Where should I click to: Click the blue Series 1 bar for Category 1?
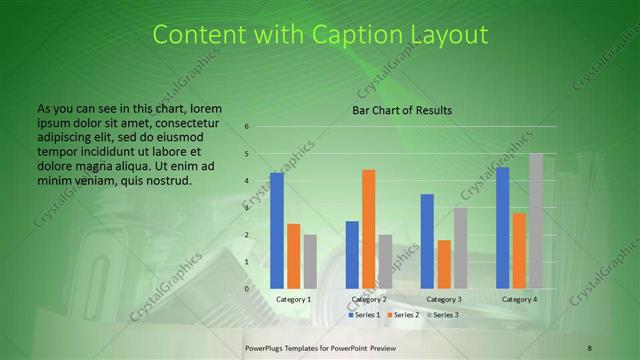pos(277,231)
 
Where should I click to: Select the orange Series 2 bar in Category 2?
pos(368,229)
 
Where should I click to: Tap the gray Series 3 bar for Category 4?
pos(536,221)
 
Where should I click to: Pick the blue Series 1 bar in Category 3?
pos(427,241)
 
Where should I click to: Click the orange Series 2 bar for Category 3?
pos(444,264)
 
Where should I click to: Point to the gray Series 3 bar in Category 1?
pos(310,262)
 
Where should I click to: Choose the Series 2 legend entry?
pos(405,315)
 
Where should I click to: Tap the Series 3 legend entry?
pos(444,315)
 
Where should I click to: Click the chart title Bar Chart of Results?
pos(402,110)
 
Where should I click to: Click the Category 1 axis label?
pos(293,299)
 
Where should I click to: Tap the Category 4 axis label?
pos(519,299)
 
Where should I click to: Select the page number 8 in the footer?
pos(589,346)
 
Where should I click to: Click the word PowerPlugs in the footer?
pos(267,346)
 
